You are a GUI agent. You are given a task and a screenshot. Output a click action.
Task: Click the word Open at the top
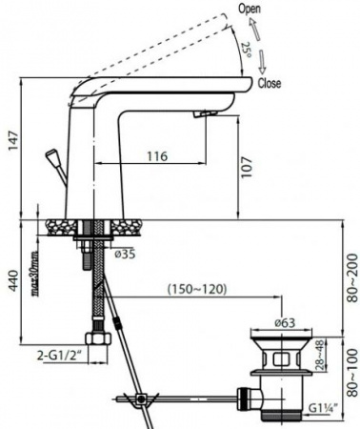point(250,9)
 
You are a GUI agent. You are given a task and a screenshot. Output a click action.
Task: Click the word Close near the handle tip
point(270,83)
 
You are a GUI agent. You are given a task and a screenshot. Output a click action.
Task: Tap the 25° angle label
point(247,50)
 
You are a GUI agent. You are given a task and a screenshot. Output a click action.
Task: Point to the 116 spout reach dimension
point(157,156)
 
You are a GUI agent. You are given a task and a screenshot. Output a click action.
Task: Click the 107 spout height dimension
point(248,168)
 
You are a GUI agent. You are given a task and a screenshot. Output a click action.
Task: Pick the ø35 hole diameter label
point(125,254)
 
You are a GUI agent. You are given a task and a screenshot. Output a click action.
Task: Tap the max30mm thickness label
point(36,274)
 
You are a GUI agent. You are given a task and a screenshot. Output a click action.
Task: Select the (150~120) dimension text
point(197,289)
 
